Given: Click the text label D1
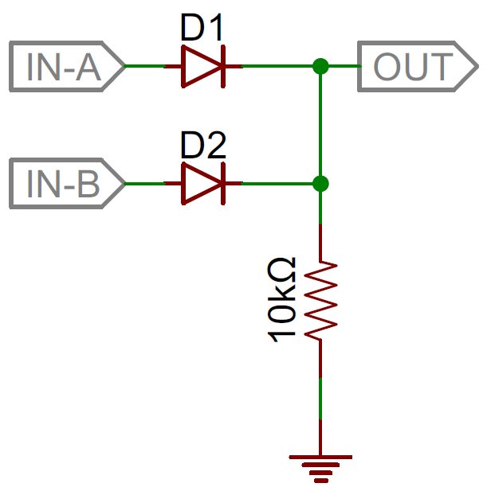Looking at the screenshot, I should pyautogui.click(x=203, y=29).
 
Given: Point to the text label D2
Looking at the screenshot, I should pyautogui.click(x=203, y=146).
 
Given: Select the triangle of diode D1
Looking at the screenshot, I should pyautogui.click(x=199, y=67).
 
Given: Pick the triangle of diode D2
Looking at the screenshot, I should pyautogui.click(x=199, y=185).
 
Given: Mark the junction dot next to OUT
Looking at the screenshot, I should pyautogui.click(x=320, y=67).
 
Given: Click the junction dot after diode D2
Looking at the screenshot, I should pyautogui.click(x=320, y=185).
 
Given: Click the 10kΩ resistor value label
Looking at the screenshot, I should pyautogui.click(x=283, y=300).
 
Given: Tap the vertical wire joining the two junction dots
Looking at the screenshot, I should pyautogui.click(x=320, y=126).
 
